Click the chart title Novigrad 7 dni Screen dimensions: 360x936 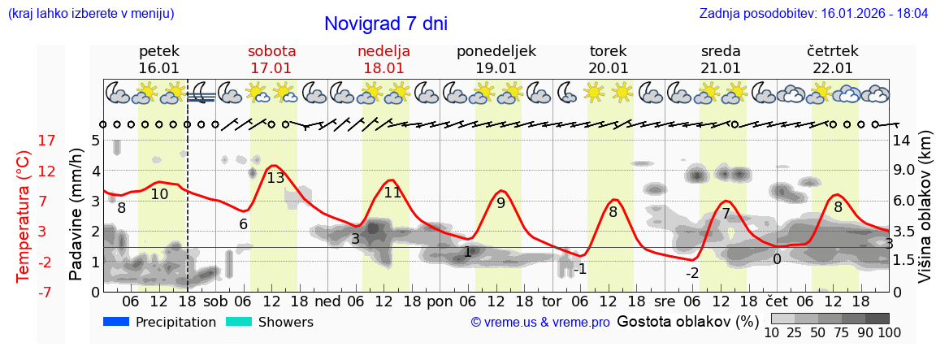(386, 24)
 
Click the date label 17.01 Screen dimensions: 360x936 (271, 68)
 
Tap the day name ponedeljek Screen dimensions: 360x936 (496, 51)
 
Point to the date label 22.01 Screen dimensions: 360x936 (833, 68)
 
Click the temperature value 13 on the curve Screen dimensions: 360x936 (276, 177)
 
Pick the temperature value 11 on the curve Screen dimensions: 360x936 (392, 193)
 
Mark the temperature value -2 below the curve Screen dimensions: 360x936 (692, 273)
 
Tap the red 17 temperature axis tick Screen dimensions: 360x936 (24, 141)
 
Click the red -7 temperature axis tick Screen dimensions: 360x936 (24, 292)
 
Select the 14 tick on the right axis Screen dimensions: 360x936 (902, 141)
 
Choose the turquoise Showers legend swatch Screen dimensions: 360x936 (239, 322)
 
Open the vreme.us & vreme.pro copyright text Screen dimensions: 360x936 (540, 323)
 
